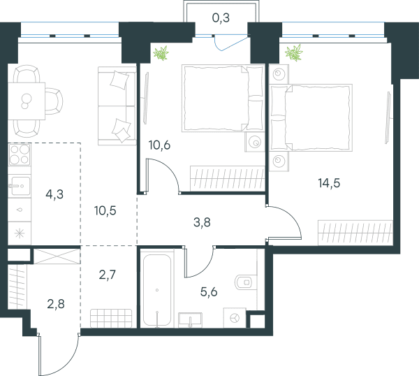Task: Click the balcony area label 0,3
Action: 221,18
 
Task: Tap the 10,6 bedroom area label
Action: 159,145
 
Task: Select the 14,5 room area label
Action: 329,183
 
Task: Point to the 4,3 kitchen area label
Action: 54,194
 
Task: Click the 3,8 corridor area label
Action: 202,222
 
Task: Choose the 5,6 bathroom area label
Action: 209,291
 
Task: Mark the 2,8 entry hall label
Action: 56,304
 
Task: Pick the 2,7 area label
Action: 108,275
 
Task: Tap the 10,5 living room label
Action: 105,211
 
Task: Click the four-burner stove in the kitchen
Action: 20,154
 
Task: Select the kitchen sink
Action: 20,186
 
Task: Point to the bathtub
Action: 157,291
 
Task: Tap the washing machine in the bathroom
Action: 235,318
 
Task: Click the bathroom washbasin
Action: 190,320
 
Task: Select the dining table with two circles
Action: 27,101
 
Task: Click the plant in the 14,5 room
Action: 294,52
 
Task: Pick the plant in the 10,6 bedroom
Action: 161,53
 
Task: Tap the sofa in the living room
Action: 117,106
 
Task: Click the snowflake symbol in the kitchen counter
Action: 20,233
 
